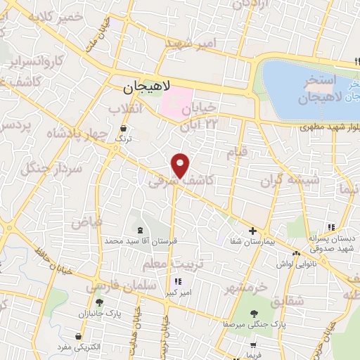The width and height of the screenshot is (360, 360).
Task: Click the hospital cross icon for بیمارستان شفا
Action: (252, 231)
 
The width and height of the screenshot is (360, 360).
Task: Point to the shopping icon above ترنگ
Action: (124, 129)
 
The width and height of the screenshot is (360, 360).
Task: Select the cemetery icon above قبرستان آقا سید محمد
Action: (139, 230)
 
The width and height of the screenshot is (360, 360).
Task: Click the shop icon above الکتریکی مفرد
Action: (77, 337)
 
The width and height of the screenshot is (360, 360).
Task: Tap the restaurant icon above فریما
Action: (252, 346)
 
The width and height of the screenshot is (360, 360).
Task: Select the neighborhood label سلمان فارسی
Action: (114, 288)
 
